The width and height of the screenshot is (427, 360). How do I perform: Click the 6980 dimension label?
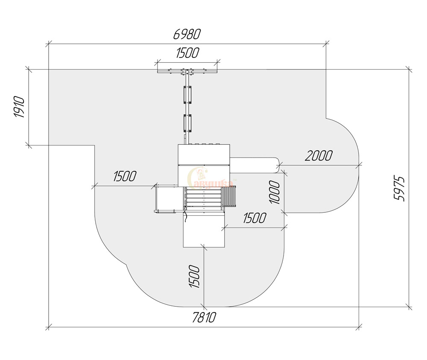187,34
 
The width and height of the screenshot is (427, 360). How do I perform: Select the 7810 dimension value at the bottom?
204,318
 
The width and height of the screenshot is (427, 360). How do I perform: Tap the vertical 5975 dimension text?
400,189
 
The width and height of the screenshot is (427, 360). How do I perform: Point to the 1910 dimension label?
19,107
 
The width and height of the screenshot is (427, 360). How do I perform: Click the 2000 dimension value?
319,156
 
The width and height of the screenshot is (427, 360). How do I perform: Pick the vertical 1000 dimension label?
275,192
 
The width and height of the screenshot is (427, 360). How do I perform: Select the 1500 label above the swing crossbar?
187,53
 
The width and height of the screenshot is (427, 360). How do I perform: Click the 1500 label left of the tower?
125,176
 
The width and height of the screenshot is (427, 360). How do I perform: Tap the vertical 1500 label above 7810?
194,276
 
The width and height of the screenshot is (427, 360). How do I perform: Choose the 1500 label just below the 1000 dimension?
254,218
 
